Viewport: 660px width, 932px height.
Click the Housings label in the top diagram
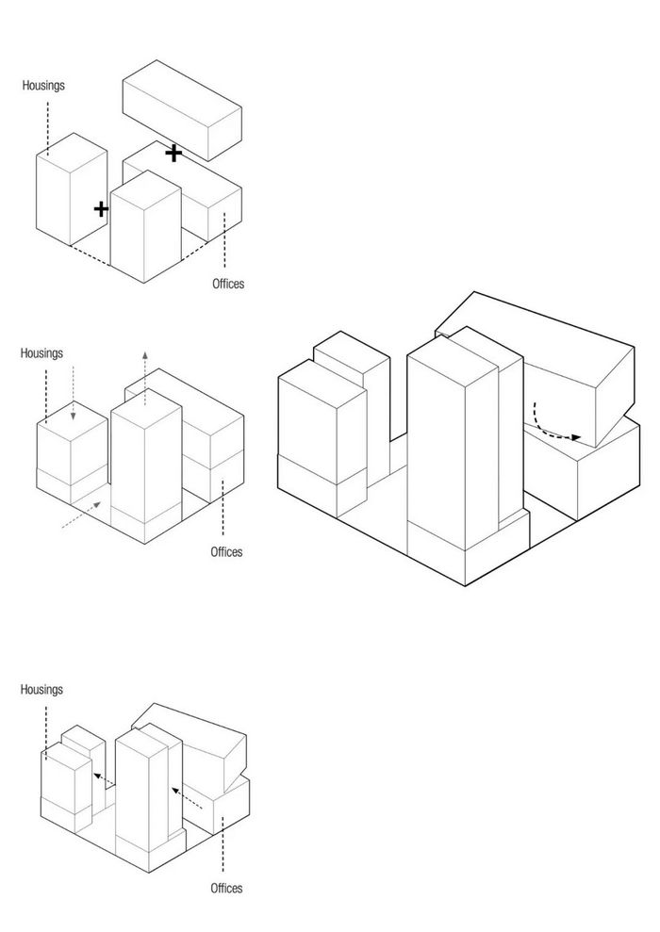[44, 85]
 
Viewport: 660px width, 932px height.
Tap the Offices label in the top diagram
[227, 283]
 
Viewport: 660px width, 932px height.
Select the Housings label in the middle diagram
[41, 353]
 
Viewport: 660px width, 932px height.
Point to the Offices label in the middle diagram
[226, 551]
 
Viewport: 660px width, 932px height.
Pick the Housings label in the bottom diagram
[41, 690]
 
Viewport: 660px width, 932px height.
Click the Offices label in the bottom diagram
[226, 888]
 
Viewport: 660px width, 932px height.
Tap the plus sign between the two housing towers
[101, 208]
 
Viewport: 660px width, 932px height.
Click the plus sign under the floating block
[173, 152]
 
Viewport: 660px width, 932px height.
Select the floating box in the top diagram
[182, 108]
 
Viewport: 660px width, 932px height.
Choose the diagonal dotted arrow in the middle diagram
[81, 515]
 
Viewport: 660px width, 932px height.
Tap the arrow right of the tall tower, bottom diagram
[190, 798]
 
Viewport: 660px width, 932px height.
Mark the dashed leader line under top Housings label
[45, 123]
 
